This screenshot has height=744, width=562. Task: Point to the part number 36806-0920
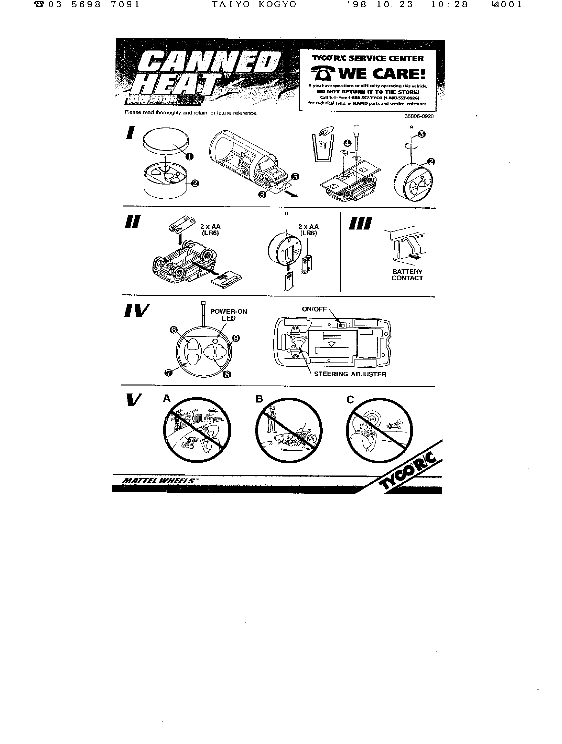pyautogui.click(x=419, y=116)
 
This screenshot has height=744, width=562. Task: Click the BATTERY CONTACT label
pyautogui.click(x=407, y=275)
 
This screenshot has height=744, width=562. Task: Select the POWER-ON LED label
pyautogui.click(x=229, y=315)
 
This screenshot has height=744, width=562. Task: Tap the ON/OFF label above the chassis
pyautogui.click(x=314, y=309)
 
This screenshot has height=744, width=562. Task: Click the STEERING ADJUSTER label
pyautogui.click(x=350, y=374)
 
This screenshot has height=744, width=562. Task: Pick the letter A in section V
pyautogui.click(x=167, y=399)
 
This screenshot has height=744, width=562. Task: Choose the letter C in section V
pyautogui.click(x=350, y=400)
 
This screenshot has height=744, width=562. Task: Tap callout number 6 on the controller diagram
pyautogui.click(x=174, y=330)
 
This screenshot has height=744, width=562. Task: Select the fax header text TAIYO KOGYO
pyautogui.click(x=254, y=5)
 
